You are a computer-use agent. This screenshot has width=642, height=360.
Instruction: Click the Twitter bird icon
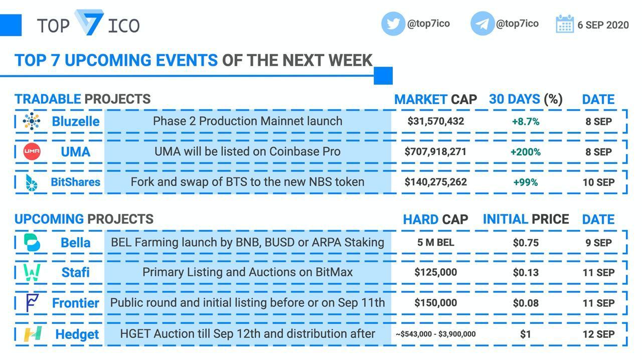pyautogui.click(x=393, y=24)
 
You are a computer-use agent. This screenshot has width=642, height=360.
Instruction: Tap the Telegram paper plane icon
pyautogui.click(x=483, y=24)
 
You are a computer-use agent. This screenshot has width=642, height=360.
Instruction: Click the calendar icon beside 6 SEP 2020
pyautogui.click(x=565, y=24)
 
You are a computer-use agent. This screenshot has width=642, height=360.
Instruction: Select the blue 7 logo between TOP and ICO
pyautogui.click(x=89, y=23)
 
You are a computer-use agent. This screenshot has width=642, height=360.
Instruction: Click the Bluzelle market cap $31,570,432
pyautogui.click(x=436, y=121)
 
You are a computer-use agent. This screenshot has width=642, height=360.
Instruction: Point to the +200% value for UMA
pyautogui.click(x=526, y=152)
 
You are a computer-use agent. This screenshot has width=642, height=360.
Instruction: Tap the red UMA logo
pyautogui.click(x=32, y=151)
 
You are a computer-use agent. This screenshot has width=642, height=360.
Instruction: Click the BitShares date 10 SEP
pyautogui.click(x=599, y=183)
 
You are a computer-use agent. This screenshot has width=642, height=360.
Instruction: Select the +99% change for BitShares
pyautogui.click(x=526, y=183)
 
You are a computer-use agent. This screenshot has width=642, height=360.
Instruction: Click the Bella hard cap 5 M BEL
pyautogui.click(x=436, y=243)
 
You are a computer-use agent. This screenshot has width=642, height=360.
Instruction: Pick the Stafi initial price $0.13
pyautogui.click(x=526, y=273)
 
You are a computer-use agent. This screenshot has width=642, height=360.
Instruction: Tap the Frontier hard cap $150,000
pyautogui.click(x=436, y=303)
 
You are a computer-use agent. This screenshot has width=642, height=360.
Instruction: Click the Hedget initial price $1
pyautogui.click(x=526, y=334)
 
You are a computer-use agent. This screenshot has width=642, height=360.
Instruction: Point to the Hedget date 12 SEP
pyautogui.click(x=599, y=334)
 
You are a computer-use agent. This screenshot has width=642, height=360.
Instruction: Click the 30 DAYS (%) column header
pyautogui.click(x=526, y=99)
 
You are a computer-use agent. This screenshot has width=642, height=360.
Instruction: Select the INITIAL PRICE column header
pyautogui.click(x=526, y=219)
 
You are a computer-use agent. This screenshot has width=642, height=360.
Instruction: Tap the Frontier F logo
pyautogui.click(x=32, y=303)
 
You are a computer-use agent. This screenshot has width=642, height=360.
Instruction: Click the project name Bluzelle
pyautogui.click(x=76, y=121)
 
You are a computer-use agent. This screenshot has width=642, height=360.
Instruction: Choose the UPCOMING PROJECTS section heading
pyautogui.click(x=84, y=219)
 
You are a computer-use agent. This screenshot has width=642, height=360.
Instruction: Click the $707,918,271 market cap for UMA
pyautogui.click(x=436, y=151)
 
